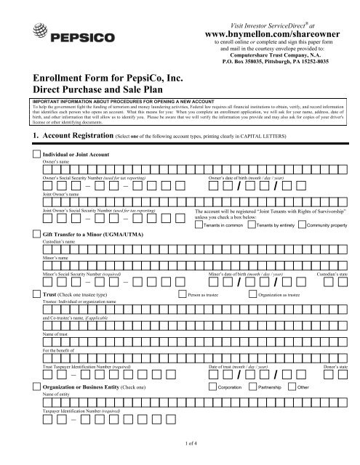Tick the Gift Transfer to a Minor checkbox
(x=36, y=233)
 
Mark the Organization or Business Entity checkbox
(x=36, y=389)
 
